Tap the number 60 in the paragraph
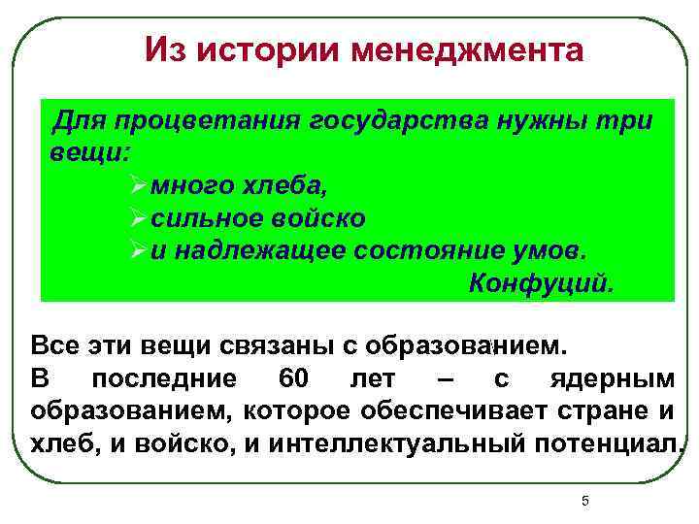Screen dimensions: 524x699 click(x=294, y=378)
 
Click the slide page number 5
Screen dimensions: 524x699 click(x=584, y=501)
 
